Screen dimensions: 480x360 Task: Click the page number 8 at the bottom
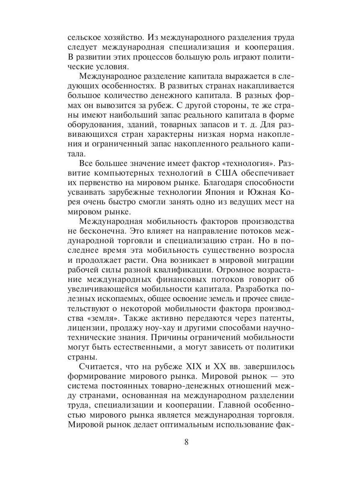186,442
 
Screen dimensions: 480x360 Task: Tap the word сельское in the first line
85,38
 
